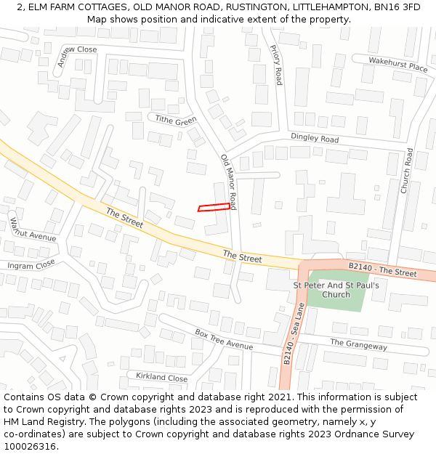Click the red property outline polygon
(x=214, y=208)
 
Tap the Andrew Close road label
(x=78, y=57)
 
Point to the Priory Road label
(x=276, y=65)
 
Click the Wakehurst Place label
(x=397, y=65)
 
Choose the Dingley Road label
(x=315, y=138)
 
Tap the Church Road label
(x=407, y=171)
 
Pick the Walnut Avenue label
(x=33, y=230)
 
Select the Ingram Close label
(x=31, y=264)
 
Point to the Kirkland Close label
(x=161, y=377)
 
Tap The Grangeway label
(x=358, y=345)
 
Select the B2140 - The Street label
(x=382, y=270)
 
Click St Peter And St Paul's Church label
(x=336, y=290)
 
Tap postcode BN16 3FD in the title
(x=401, y=7)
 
